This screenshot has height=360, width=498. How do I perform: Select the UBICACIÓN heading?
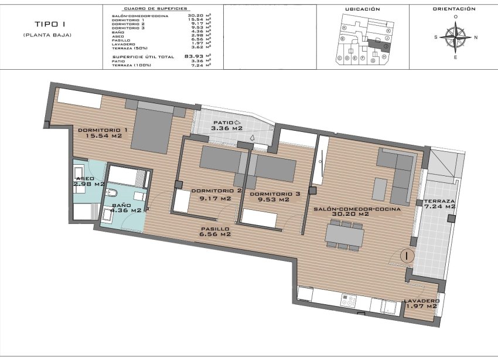[x=362, y=9]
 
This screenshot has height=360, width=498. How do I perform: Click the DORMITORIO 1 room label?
[x=103, y=130]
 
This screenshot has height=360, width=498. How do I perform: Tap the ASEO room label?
[x=86, y=178]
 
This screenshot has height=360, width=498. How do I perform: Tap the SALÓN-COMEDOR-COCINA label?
[x=357, y=209]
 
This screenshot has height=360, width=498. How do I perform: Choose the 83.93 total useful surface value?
[x=193, y=56]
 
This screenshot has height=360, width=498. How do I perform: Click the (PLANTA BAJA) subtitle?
[x=47, y=35]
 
